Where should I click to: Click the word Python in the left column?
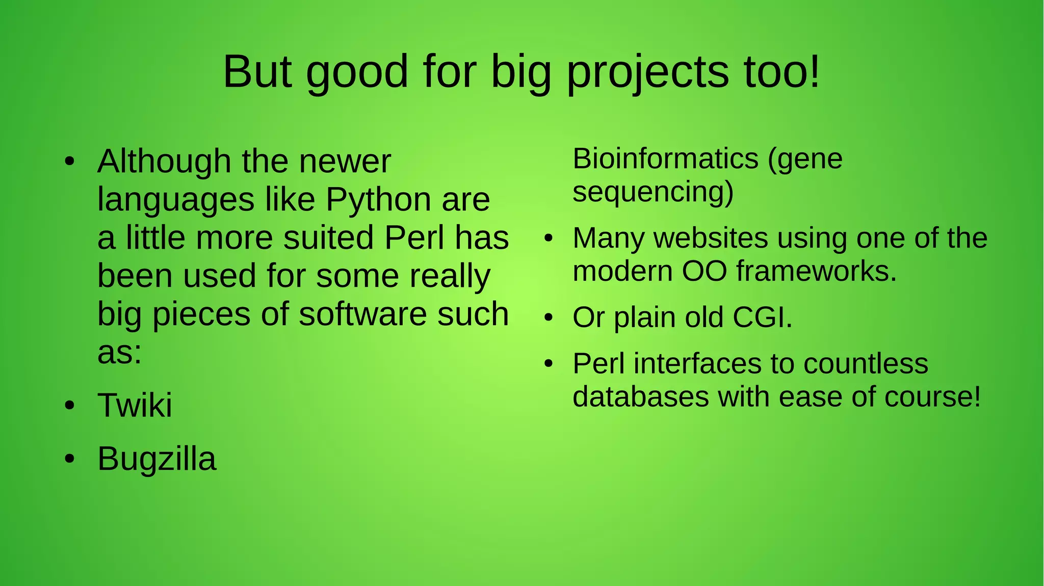click(x=379, y=200)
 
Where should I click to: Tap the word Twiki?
click(x=135, y=406)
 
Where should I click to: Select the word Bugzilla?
click(x=156, y=460)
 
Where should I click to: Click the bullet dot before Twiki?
click(x=70, y=406)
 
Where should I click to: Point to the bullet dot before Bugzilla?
click(x=70, y=459)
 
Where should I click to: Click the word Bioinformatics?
click(x=665, y=158)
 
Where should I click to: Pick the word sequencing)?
click(x=652, y=192)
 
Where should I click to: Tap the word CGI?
click(x=762, y=317)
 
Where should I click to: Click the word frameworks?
click(x=816, y=271)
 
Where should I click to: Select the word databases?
click(x=640, y=397)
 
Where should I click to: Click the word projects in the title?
click(x=647, y=72)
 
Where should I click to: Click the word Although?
click(x=164, y=162)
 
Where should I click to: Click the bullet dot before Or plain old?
click(x=549, y=318)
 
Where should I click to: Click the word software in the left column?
click(x=362, y=314)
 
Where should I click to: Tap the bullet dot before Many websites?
click(x=549, y=238)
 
